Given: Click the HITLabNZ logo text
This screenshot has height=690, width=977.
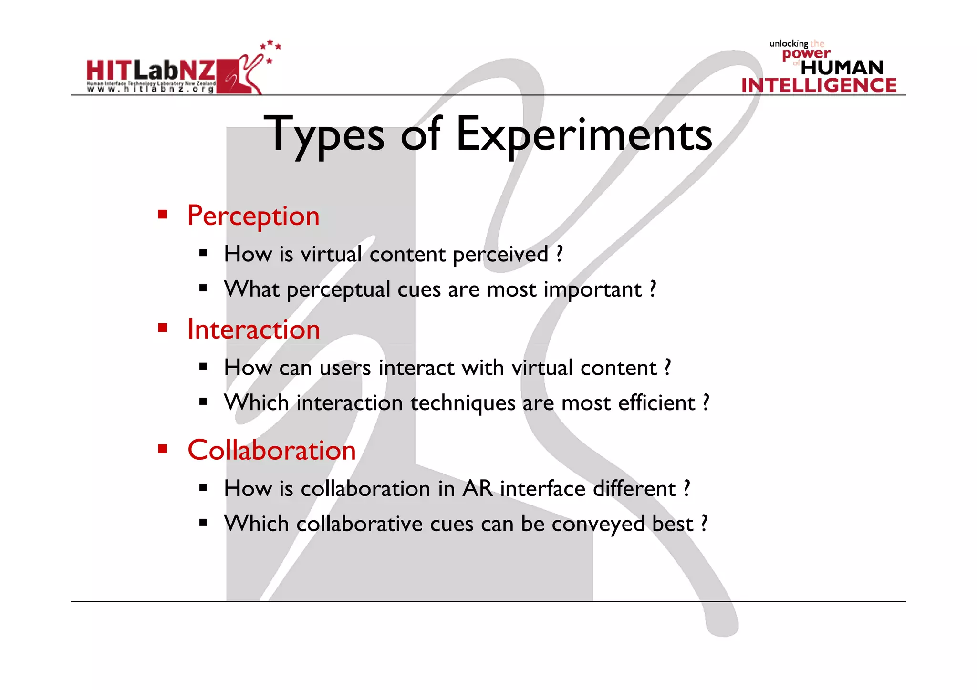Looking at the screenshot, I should click(151, 71).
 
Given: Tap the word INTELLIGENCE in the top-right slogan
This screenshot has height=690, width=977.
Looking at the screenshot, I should click(819, 85).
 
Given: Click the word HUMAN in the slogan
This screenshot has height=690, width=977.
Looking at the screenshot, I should click(842, 68).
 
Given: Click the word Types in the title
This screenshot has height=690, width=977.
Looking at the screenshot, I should click(326, 135).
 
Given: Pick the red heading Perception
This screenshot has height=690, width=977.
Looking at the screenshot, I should click(253, 216).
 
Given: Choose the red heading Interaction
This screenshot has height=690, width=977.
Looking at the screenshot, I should click(253, 330).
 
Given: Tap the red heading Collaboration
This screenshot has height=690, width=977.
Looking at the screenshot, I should click(271, 450).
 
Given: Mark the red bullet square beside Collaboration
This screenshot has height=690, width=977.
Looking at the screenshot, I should click(163, 449).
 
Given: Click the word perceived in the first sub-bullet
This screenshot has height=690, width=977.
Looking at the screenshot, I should click(500, 254).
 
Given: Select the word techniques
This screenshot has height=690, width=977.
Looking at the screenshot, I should click(463, 403).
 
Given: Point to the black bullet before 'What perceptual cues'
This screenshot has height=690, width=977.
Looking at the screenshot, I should click(203, 288).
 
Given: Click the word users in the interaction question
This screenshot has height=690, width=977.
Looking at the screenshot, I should click(345, 368).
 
